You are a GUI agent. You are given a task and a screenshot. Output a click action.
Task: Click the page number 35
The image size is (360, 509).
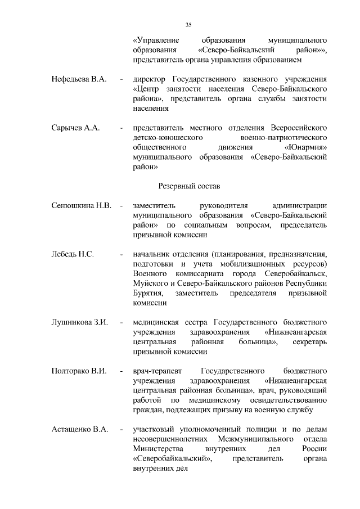point(188,24)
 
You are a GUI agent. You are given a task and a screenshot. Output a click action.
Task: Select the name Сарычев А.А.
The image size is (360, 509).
point(75,128)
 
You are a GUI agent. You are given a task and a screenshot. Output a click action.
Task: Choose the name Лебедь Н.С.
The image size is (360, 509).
point(72,254)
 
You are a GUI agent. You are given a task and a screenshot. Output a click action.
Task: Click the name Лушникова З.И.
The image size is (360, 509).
point(79,322)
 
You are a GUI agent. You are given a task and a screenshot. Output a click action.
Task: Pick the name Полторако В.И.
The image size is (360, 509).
point(80,371)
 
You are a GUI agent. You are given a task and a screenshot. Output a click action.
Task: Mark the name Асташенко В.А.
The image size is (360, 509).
point(79,430)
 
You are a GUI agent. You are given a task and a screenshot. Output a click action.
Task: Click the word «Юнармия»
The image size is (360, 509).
point(306,147)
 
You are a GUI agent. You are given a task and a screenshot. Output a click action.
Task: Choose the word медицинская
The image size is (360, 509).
point(155,322)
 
